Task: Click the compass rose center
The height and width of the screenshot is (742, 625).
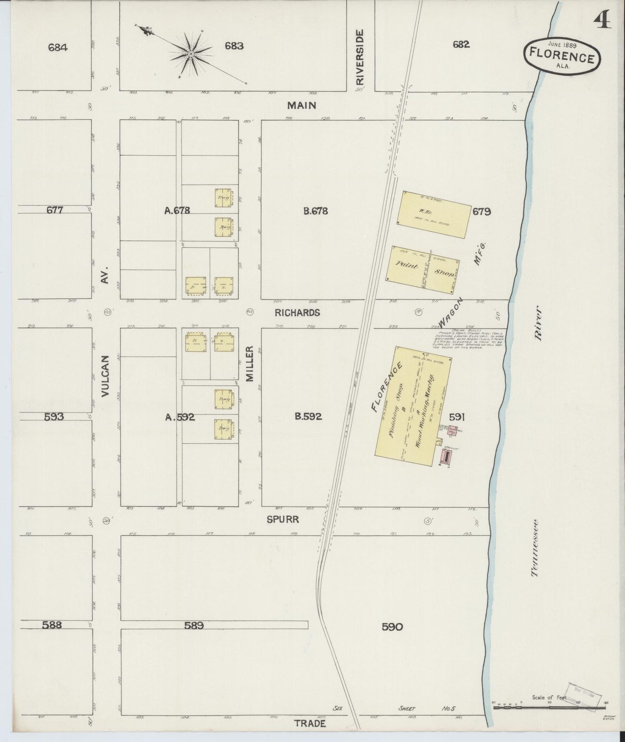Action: coord(190,54)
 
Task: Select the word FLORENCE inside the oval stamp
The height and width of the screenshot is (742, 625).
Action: coord(562,57)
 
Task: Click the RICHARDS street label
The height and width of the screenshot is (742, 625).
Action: coord(297,313)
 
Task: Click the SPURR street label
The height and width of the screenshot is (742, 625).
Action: coord(282,519)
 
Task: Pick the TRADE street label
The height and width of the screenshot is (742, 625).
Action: coord(310,723)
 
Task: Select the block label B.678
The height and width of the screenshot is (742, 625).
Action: coord(315,211)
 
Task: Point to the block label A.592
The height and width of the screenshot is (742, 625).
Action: coord(180,417)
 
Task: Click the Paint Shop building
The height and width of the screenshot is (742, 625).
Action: coord(423,267)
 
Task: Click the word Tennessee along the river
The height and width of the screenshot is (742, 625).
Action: coord(535,548)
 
